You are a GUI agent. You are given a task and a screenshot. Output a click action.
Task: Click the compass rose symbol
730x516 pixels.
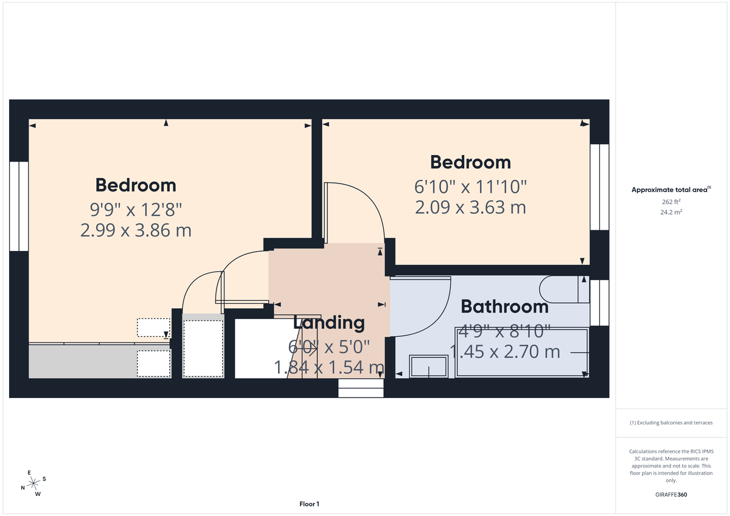pyautogui.click(x=34, y=483)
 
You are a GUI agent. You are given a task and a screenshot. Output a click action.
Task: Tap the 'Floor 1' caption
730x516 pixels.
pyautogui.click(x=309, y=504)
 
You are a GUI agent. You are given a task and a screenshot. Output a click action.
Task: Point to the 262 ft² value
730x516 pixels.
pyautogui.click(x=672, y=202)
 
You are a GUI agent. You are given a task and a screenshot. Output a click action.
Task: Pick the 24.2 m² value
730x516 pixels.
pyautogui.click(x=672, y=213)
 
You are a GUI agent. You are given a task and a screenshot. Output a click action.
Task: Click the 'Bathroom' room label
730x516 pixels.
pyautogui.click(x=504, y=306)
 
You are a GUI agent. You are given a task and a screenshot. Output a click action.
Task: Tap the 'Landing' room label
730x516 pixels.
pyautogui.click(x=328, y=323)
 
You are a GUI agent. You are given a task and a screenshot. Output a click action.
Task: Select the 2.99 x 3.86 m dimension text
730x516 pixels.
pyautogui.click(x=136, y=230)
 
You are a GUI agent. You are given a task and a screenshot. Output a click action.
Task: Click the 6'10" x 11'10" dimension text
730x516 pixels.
pyautogui.click(x=470, y=185)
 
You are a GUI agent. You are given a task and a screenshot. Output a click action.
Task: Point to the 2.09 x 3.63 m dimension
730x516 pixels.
pyautogui.click(x=470, y=207)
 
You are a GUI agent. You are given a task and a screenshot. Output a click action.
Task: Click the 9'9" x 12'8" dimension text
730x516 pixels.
pyautogui.click(x=136, y=209)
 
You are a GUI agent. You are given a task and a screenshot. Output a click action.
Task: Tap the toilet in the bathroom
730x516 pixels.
pyautogui.click(x=565, y=290)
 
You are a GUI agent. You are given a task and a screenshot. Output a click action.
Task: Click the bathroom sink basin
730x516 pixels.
pyautogui.click(x=429, y=366)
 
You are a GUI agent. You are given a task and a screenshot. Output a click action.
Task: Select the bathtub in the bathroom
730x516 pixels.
pyautogui.click(x=522, y=353)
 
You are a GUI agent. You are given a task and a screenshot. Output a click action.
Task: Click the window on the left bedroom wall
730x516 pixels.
pyautogui.click(x=19, y=206)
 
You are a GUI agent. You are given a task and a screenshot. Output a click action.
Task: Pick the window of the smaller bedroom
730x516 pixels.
pyautogui.click(x=599, y=187)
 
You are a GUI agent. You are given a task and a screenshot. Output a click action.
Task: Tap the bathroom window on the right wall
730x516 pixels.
pyautogui.click(x=599, y=302)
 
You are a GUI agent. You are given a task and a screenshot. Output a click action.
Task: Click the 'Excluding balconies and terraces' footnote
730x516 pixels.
pyautogui.click(x=672, y=422)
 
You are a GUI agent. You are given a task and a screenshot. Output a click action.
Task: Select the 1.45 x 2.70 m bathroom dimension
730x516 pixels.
pyautogui.click(x=504, y=351)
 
